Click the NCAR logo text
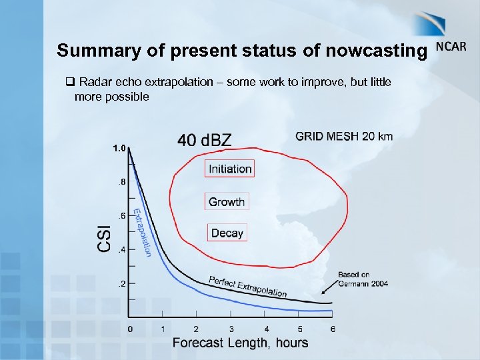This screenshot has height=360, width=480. [451, 47]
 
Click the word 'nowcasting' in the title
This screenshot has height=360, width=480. [383, 50]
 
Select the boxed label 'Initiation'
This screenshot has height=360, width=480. [230, 169]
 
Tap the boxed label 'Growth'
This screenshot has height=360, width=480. [227, 201]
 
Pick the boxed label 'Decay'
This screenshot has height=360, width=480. [227, 233]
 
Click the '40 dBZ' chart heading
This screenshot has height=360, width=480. [204, 139]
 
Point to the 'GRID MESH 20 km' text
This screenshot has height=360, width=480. [344, 136]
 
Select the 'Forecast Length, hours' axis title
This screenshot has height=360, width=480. [240, 343]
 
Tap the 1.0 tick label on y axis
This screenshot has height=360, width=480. [120, 148]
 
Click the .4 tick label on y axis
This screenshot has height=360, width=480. [121, 250]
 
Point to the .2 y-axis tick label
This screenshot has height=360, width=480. [121, 284]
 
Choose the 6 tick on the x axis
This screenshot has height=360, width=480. [332, 329]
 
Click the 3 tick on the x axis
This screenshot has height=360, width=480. [231, 329]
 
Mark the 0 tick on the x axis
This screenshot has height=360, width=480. [130, 329]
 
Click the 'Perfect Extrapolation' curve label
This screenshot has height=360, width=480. [247, 287]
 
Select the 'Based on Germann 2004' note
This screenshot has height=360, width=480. [363, 279]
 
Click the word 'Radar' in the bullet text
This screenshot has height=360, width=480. [93, 82]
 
